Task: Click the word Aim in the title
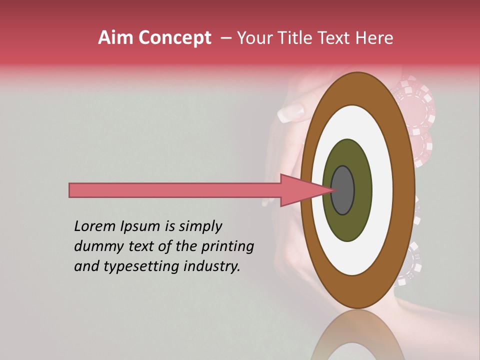[115, 38]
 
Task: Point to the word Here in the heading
[374, 38]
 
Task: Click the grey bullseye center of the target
[342, 190]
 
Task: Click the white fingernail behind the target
[290, 112]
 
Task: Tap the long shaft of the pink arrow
[175, 190]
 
